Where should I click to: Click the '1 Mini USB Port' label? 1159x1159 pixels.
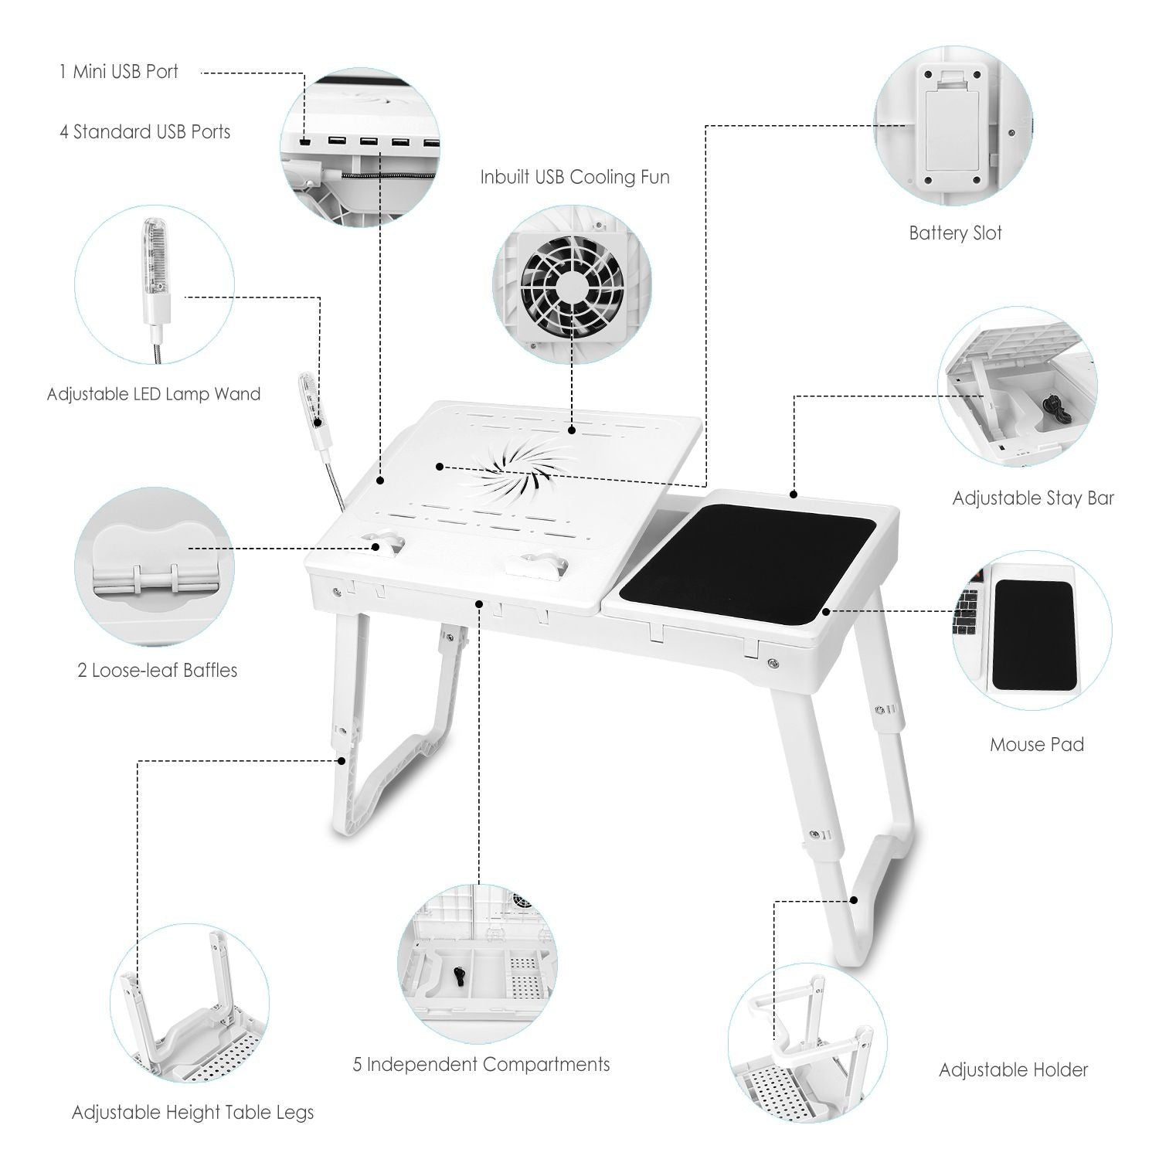(119, 72)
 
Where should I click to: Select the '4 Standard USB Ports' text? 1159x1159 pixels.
(145, 132)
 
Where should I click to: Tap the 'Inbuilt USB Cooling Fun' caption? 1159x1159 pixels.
(574, 177)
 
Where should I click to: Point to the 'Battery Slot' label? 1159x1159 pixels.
(955, 233)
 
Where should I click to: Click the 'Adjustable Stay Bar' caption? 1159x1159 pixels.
(1033, 498)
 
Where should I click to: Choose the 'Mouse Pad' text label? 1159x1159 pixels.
(1036, 745)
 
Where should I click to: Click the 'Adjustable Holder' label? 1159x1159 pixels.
(1013, 1070)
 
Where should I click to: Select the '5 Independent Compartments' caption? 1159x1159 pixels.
(481, 1065)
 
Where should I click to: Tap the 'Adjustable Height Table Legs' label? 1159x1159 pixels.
(192, 1113)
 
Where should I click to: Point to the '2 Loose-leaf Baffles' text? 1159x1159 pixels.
(157, 670)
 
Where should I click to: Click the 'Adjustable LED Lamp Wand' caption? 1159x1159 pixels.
(154, 394)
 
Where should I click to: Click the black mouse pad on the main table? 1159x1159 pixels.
(748, 564)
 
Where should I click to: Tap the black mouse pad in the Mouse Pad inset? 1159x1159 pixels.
(1032, 636)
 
